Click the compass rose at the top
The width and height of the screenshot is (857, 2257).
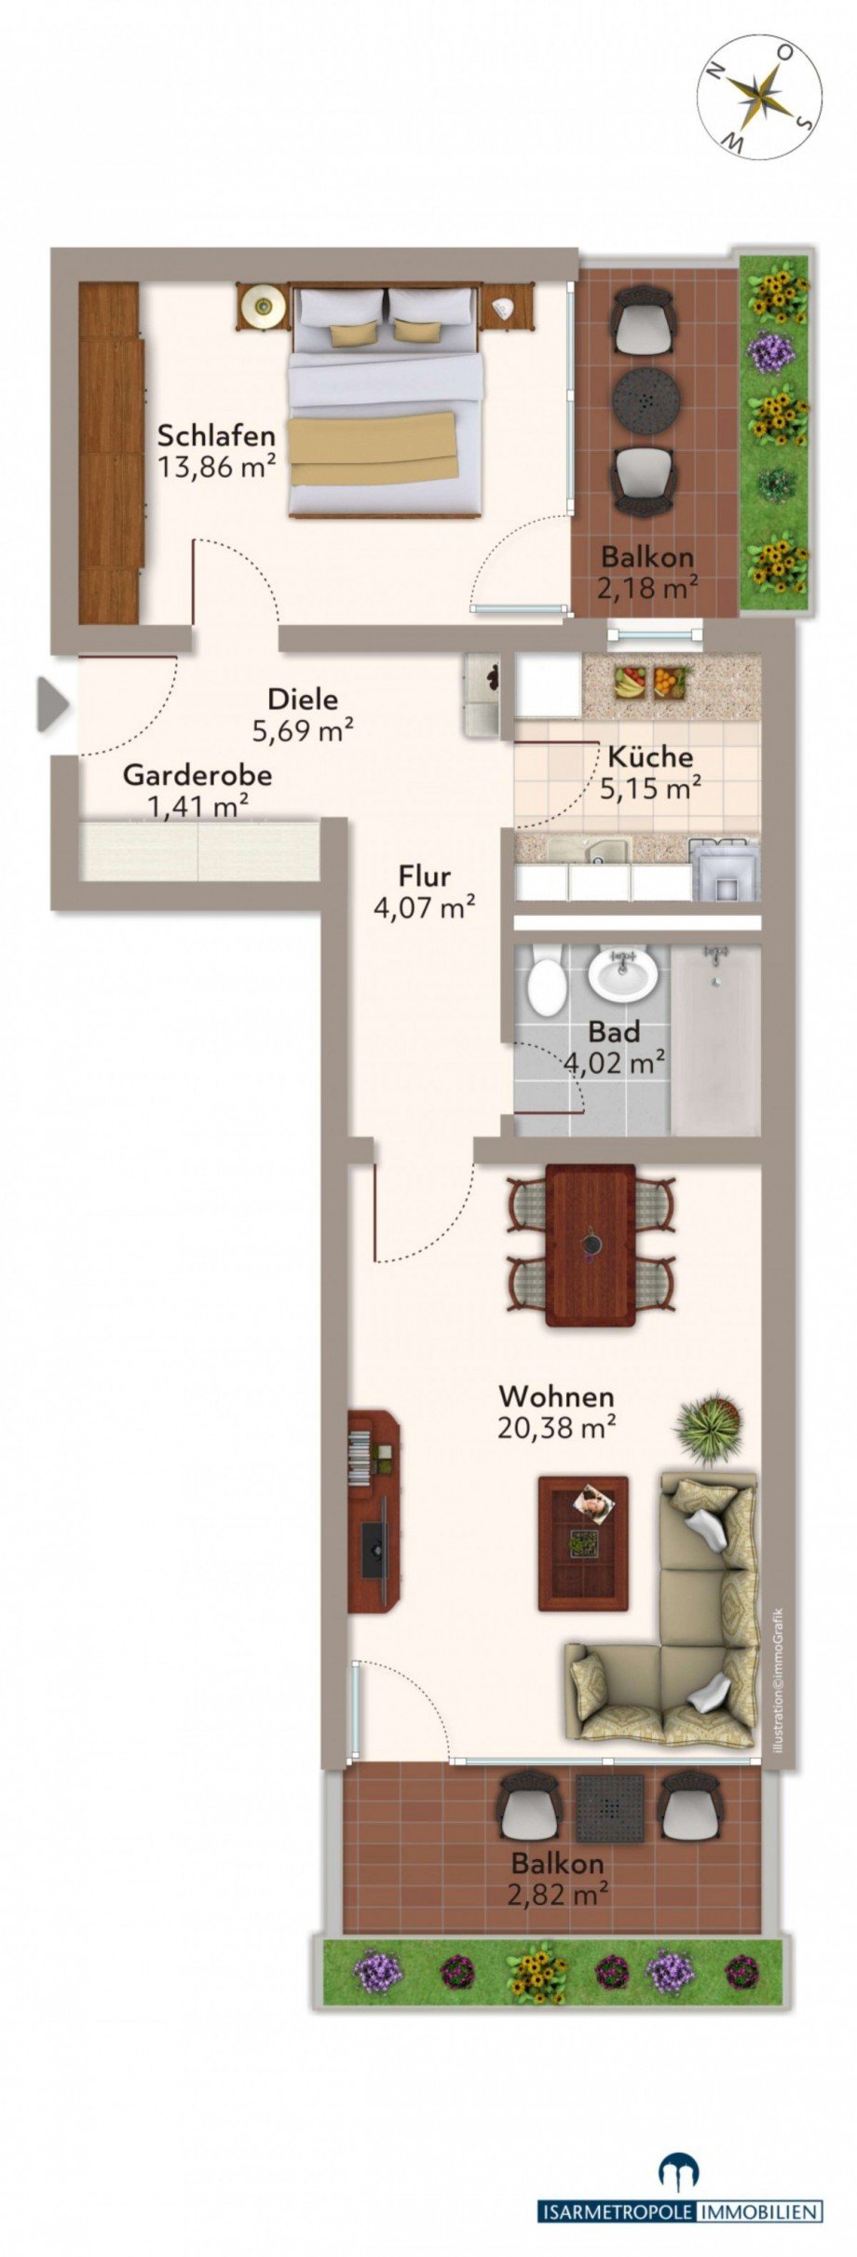coord(760,95)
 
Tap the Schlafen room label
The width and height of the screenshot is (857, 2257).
coord(216,435)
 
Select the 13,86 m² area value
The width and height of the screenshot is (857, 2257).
coord(216,467)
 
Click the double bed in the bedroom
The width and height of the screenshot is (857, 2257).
coord(386,401)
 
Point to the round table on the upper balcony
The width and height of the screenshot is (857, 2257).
coord(646,400)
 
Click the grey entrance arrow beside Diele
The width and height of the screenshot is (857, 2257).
coord(52,705)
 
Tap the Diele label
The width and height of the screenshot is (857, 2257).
coord(302,699)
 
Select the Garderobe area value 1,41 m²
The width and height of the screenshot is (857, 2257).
coord(197,806)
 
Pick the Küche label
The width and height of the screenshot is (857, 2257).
coord(650,756)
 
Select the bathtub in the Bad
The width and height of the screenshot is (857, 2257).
coord(715,1039)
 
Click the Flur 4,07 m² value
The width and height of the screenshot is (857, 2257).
coord(425,906)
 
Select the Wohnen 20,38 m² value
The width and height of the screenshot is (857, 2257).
coord(556,1427)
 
